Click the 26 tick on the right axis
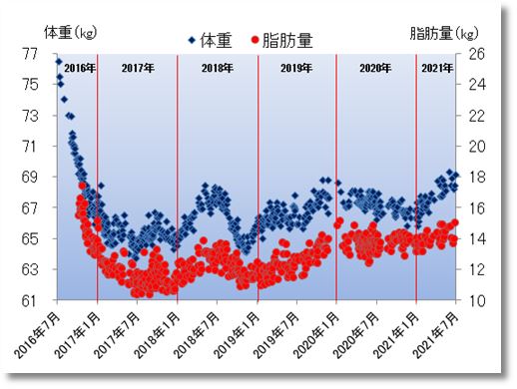click(475, 54)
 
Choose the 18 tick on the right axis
click(475, 177)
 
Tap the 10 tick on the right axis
click(475, 300)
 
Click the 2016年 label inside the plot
click(78, 69)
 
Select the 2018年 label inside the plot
click(217, 69)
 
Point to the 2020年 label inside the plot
click(375, 69)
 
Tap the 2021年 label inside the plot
click(436, 69)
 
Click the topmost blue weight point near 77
click(58, 61)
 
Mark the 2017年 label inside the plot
click(137, 69)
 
